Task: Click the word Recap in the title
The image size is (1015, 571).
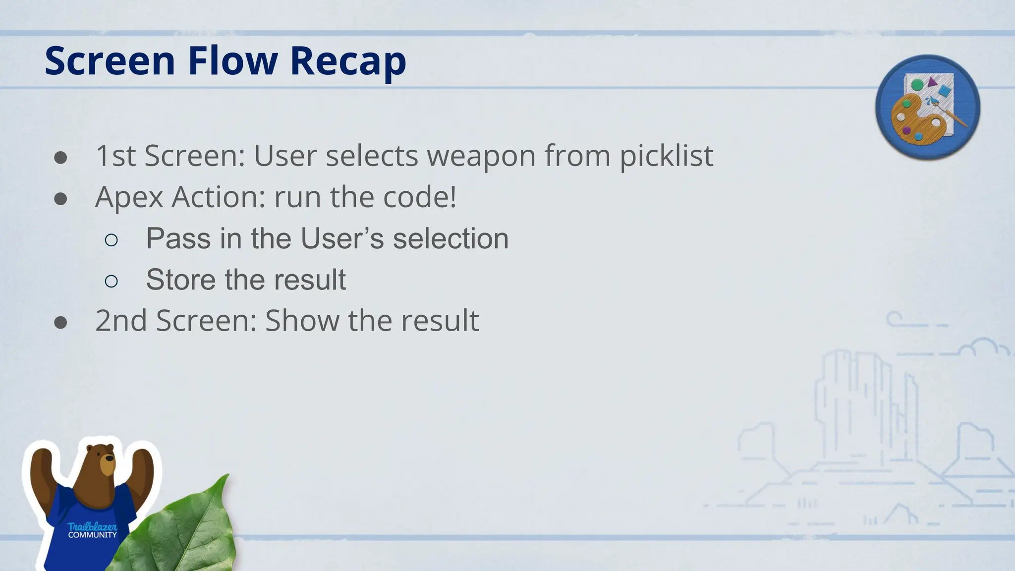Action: [x=348, y=61]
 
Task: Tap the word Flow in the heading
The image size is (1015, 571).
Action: [x=232, y=61]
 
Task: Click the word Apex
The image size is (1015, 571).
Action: [x=129, y=197]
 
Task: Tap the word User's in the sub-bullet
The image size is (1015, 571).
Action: [x=342, y=238]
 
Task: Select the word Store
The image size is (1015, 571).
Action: [x=181, y=280]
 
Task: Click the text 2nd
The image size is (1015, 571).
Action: [x=121, y=321]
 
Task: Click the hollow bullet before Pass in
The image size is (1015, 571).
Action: [x=112, y=240]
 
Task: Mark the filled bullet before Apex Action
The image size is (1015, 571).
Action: [x=60, y=199]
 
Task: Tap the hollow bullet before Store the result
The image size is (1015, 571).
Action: [x=112, y=282]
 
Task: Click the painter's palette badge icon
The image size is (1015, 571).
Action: [x=927, y=107]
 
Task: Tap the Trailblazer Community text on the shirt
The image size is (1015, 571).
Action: [x=92, y=530]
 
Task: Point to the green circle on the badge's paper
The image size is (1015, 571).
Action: [x=917, y=85]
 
